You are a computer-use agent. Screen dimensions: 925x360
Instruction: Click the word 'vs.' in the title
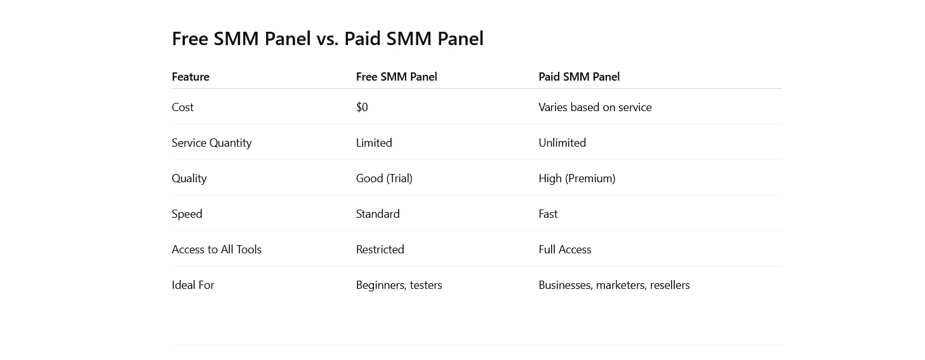pyautogui.click(x=328, y=39)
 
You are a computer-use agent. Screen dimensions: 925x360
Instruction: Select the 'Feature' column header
pyautogui.click(x=190, y=77)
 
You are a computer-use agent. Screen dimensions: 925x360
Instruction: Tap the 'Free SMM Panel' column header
pyautogui.click(x=396, y=77)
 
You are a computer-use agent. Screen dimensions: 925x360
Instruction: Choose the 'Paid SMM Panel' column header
pyautogui.click(x=579, y=77)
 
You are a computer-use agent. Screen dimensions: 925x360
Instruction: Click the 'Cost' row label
pyautogui.click(x=182, y=107)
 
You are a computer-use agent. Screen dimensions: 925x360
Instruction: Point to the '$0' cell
pyautogui.click(x=362, y=107)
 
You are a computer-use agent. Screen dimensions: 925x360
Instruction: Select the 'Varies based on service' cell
pyautogui.click(x=595, y=107)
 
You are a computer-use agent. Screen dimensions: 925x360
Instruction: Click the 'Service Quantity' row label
pyautogui.click(x=211, y=143)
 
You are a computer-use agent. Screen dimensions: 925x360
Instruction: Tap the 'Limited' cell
pyautogui.click(x=374, y=143)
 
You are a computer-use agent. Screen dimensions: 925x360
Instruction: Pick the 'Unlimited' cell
pyautogui.click(x=562, y=143)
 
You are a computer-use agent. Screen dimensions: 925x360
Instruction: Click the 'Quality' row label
pyautogui.click(x=189, y=179)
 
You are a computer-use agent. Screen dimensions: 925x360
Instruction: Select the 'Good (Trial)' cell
pyautogui.click(x=384, y=179)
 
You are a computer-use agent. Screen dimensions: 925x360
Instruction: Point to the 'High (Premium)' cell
pyautogui.click(x=577, y=179)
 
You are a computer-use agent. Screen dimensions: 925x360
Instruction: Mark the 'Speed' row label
pyautogui.click(x=187, y=214)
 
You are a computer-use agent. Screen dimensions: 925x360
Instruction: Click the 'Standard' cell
pyautogui.click(x=378, y=214)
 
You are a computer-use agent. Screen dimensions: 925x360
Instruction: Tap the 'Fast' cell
pyautogui.click(x=548, y=214)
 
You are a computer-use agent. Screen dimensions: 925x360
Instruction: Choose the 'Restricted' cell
pyautogui.click(x=380, y=250)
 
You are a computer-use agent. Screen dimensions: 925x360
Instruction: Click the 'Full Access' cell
pyautogui.click(x=565, y=250)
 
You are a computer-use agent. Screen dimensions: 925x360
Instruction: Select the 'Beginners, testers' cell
pyautogui.click(x=399, y=285)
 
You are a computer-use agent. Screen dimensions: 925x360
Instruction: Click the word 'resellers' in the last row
pyautogui.click(x=670, y=285)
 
